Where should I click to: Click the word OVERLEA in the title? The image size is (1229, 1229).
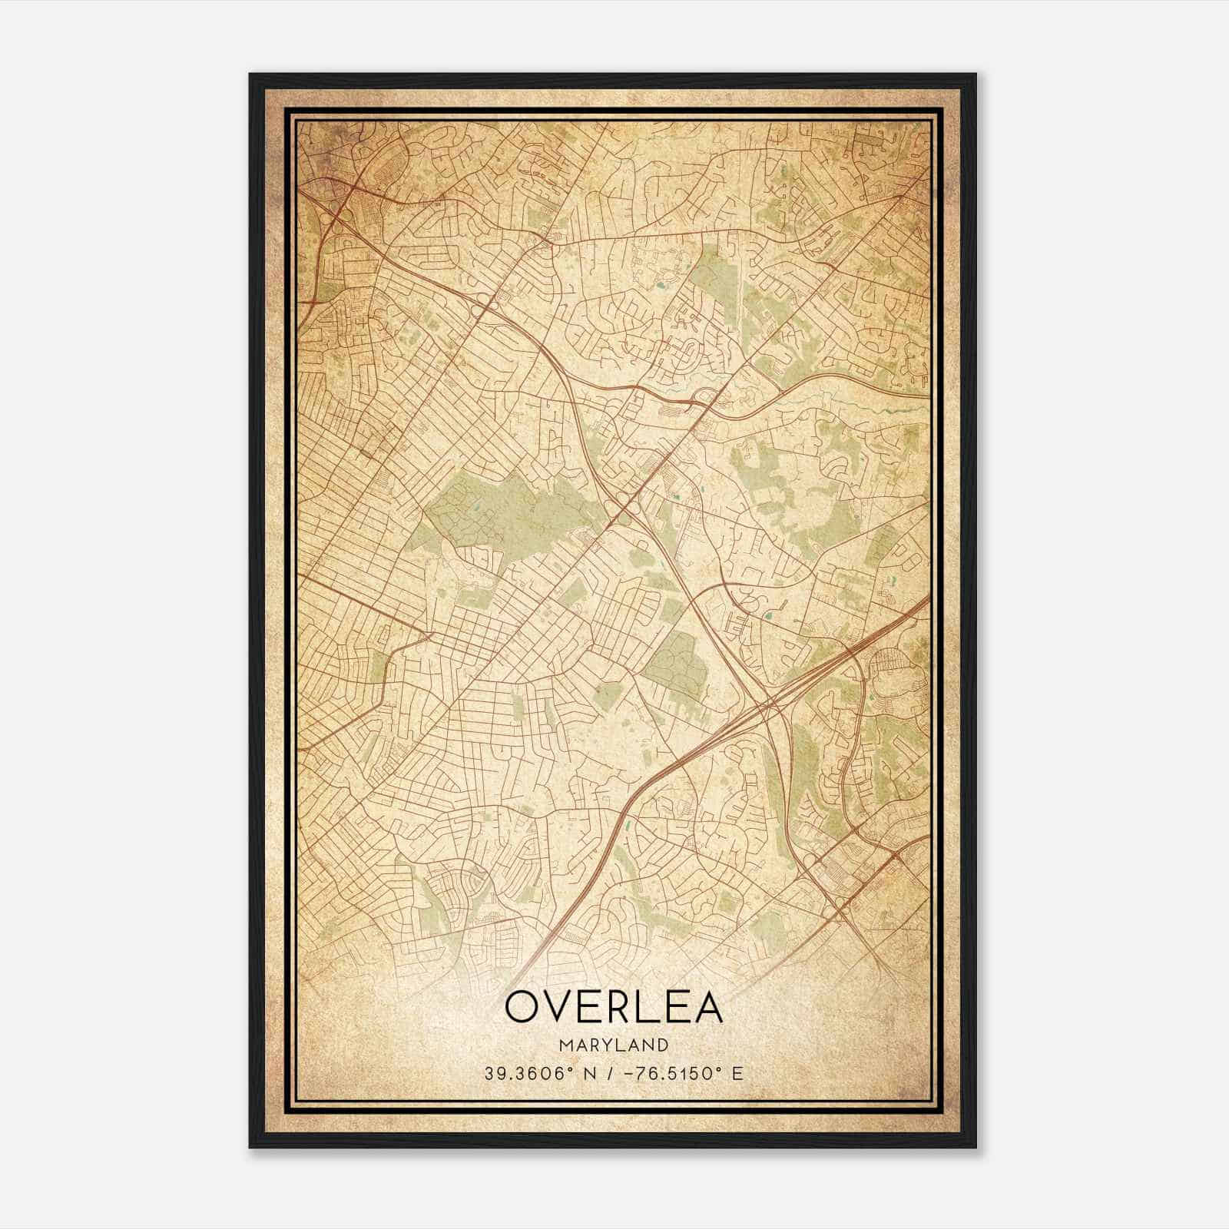tap(614, 1007)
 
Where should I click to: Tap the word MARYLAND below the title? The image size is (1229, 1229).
tap(614, 1045)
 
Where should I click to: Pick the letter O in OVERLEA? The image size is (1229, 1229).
tap(522, 1007)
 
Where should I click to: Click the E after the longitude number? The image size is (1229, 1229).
tap(738, 1074)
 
